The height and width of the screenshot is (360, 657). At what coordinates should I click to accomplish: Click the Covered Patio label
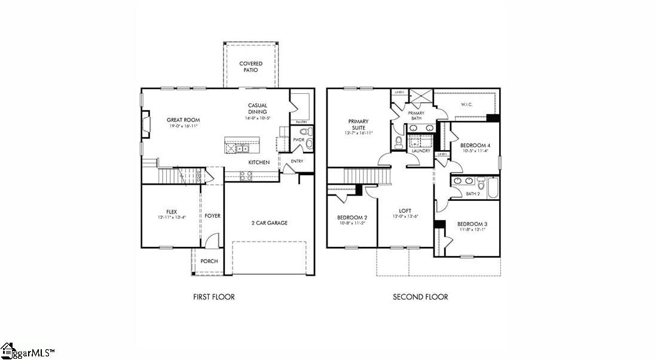250,66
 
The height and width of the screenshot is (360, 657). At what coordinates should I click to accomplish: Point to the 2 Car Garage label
269,223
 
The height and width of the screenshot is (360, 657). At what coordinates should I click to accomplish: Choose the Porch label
209,261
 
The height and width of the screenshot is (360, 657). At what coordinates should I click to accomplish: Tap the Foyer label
212,216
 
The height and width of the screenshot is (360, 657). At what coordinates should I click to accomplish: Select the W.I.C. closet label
467,104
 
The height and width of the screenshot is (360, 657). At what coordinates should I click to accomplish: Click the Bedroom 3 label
472,226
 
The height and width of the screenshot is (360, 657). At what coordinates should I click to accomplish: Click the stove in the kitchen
246,175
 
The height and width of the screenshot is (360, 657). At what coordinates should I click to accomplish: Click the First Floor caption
214,297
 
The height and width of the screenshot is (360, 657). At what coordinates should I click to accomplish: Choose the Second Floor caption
420,297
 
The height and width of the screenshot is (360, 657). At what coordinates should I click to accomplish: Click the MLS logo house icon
8,349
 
